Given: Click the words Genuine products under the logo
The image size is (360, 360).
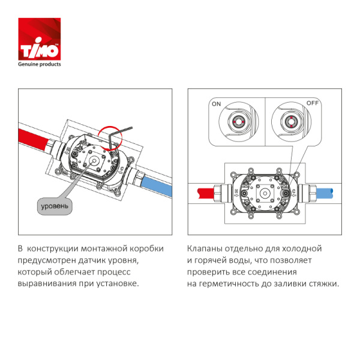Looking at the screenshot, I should coord(40,64).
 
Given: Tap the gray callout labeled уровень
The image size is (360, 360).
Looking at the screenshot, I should coord(55,206).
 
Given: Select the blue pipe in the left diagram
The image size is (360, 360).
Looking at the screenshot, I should coord(157,183).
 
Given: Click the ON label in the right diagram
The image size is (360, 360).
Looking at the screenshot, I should coord(216,104).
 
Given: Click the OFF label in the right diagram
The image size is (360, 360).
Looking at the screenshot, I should coord(313,104).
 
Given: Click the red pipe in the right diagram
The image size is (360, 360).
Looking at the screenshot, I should coord(206,194).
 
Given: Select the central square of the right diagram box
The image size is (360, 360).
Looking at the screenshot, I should coord(265,193).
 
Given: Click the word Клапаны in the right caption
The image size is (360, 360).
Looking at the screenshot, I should coord(205,248).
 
